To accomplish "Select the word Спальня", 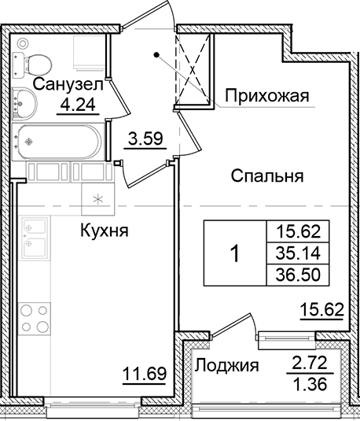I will pos(267,176).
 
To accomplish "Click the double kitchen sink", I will pos(35,240).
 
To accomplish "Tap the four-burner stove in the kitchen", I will pos(35,318).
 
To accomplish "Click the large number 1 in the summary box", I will pos(235,254).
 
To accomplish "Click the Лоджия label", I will pos(227,365).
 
